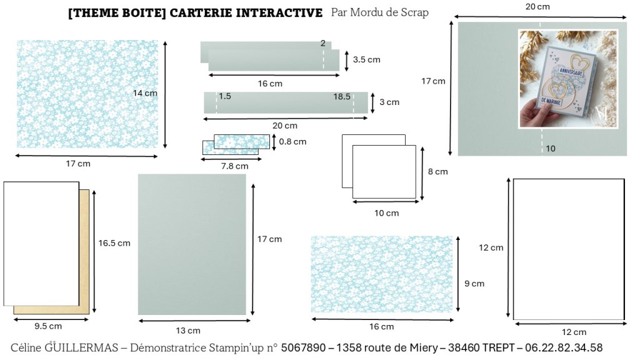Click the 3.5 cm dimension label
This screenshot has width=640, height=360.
tap(366, 59)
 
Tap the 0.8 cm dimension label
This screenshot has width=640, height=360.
tap(292, 142)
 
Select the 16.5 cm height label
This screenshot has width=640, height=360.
tap(114, 243)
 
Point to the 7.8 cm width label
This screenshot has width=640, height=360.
tap(235, 166)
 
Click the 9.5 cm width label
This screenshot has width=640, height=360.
tap(48, 326)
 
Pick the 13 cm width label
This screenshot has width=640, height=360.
tap(188, 331)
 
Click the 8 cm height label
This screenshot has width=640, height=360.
tap(438, 172)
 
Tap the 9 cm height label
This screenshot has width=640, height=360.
tap(474, 284)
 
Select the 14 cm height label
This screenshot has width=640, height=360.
tap(145, 93)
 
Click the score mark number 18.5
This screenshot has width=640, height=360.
tap(342, 97)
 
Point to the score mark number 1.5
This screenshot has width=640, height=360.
tap(225, 96)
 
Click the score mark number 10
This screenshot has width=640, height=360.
tap(551, 149)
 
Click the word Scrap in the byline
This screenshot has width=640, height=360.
tap(415, 12)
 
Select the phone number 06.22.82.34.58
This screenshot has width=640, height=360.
tap(564, 347)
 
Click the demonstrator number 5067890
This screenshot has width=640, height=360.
tap(303, 347)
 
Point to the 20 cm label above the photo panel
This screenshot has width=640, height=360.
tap(537, 6)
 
